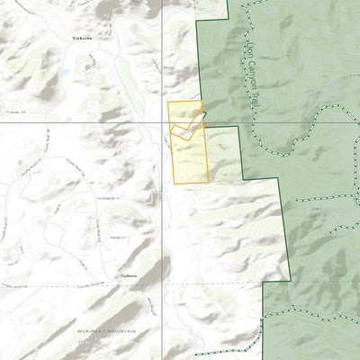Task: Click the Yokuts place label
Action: (83, 40)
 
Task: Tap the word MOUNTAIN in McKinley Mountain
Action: (121, 331)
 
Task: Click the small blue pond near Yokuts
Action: (65, 72)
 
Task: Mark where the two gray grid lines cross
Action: (162, 122)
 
